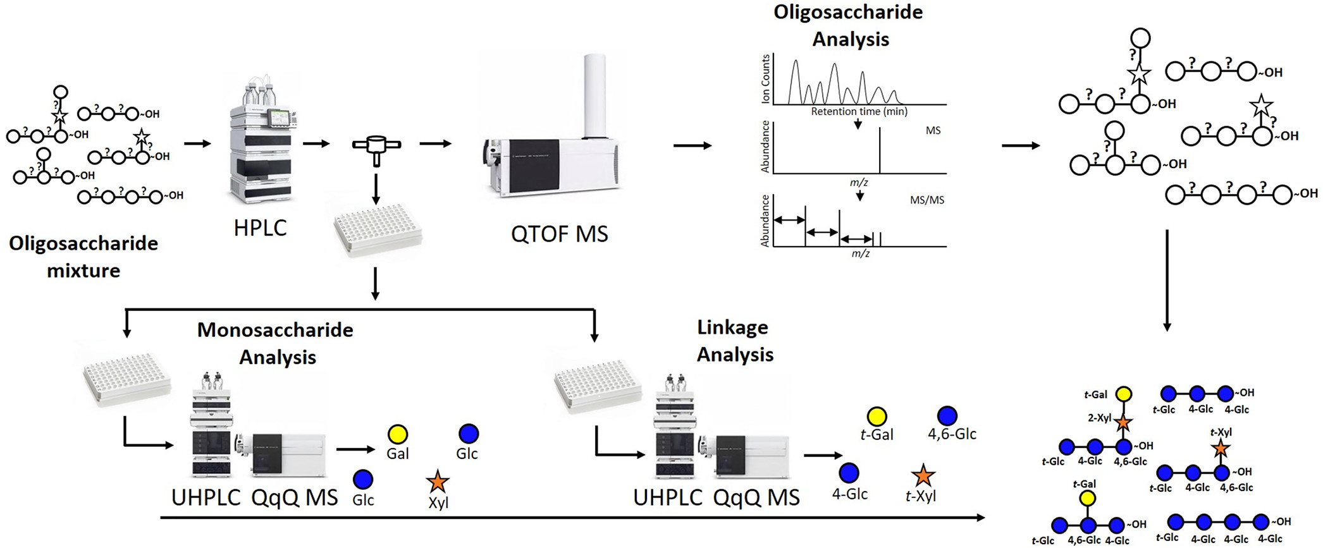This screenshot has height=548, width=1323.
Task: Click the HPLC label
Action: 260,228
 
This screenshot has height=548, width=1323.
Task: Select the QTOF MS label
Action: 559,234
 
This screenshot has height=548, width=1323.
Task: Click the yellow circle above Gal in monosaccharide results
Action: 398,434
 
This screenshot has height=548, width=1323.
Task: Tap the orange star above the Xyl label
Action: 438,482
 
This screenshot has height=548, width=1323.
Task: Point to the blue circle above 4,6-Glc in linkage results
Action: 947,415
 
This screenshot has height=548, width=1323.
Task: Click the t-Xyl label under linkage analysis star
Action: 921,496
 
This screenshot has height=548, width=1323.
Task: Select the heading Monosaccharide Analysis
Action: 276,343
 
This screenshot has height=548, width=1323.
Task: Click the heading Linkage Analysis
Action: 734,341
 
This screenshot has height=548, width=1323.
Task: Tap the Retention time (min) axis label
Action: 859,112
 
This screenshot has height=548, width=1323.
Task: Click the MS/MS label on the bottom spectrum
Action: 926,200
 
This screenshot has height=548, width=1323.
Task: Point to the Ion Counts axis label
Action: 766,78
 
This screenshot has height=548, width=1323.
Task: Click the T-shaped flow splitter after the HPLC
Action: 376,148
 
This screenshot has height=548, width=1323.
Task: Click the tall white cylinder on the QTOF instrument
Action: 594,95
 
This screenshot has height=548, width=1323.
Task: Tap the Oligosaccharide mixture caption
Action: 83,257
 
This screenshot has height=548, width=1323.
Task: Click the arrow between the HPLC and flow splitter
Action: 316,143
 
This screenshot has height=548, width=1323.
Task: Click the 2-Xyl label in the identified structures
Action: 1099,418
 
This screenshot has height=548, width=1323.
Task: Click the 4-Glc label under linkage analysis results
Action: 849,494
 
